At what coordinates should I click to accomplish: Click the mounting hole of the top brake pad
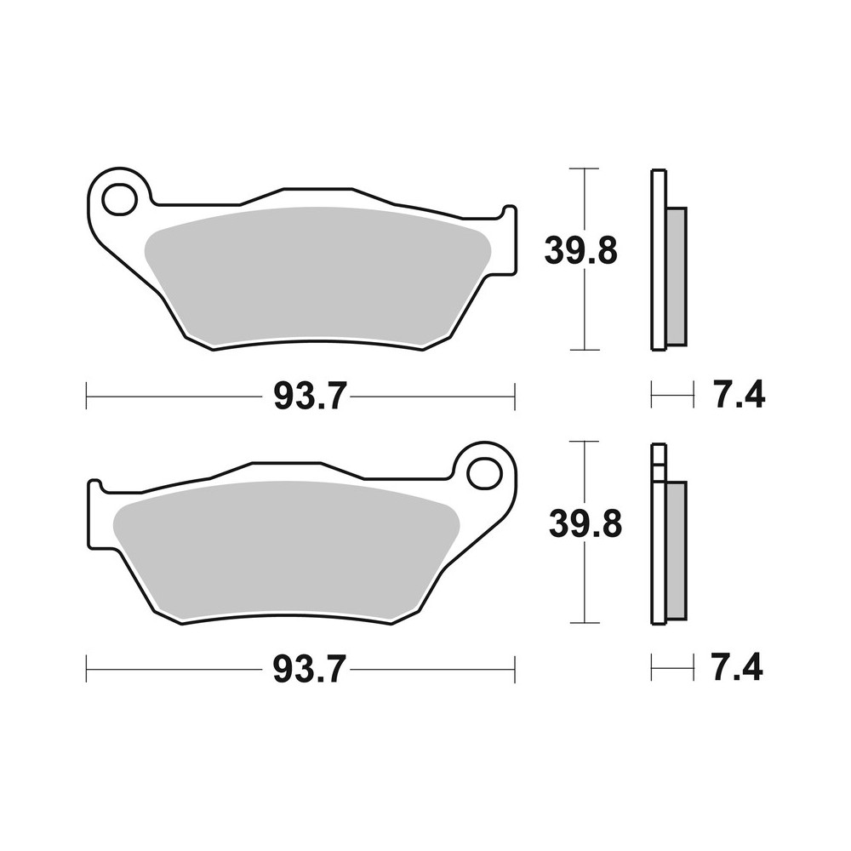click(x=118, y=199)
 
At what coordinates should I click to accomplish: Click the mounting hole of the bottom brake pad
click(x=483, y=472)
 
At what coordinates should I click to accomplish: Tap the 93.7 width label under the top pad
click(x=307, y=396)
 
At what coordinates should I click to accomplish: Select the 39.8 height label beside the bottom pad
click(x=585, y=524)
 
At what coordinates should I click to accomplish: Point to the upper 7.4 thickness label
click(x=739, y=396)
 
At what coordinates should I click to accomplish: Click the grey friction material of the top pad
click(x=315, y=277)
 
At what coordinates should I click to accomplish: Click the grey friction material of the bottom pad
click(x=289, y=549)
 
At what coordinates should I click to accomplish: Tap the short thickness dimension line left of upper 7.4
click(x=668, y=395)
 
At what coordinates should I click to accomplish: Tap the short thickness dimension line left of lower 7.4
click(x=668, y=669)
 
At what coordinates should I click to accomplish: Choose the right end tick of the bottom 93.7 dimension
click(x=514, y=669)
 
